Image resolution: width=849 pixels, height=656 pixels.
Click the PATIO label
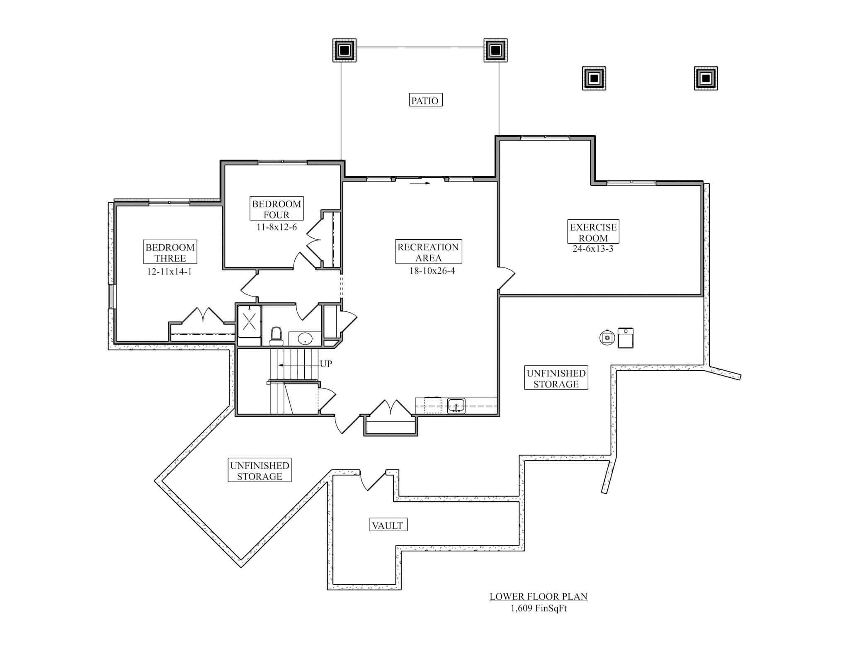tap(425, 100)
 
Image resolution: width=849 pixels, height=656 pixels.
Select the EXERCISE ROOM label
tap(593, 232)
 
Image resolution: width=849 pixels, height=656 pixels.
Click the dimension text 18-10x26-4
tap(432, 271)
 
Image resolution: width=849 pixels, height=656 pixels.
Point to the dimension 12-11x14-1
tap(169, 272)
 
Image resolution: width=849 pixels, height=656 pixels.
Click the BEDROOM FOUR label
tap(277, 209)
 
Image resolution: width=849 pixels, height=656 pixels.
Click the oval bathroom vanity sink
tap(305, 338)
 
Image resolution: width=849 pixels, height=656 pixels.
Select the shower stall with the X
tap(249, 321)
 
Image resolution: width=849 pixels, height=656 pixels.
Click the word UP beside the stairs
tap(326, 364)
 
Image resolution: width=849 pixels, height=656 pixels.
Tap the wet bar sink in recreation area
tap(456, 406)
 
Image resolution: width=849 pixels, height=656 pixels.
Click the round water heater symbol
tap(607, 338)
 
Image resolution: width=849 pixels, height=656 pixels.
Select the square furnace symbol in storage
tap(626, 338)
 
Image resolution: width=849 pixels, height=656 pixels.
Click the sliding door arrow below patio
tap(420, 182)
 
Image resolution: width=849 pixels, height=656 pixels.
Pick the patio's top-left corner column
tap(344, 51)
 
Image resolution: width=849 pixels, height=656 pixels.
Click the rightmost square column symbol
tap(706, 78)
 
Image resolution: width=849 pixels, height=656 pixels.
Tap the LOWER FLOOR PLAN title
tap(538, 596)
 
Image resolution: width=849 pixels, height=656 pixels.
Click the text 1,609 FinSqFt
tap(538, 608)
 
